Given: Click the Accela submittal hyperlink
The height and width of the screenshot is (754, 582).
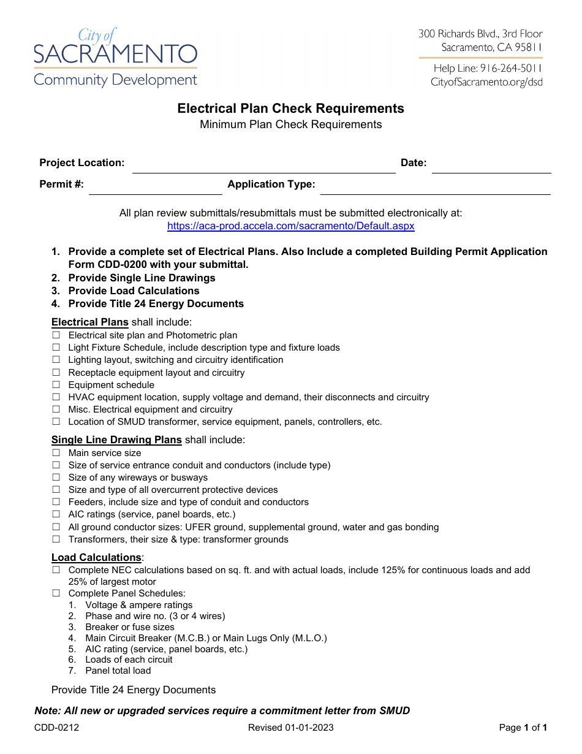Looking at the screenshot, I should pyautogui.click(x=291, y=226).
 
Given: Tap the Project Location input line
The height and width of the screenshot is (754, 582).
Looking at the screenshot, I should pyautogui.click(x=263, y=167).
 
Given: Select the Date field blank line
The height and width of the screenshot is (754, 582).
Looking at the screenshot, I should pyautogui.click(x=491, y=167).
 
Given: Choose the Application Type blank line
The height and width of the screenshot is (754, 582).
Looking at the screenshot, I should pyautogui.click(x=435, y=189).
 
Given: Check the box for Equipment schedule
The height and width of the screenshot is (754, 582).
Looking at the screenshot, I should pyautogui.click(x=56, y=385).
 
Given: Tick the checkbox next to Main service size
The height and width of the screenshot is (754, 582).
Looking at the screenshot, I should pyautogui.click(x=56, y=453).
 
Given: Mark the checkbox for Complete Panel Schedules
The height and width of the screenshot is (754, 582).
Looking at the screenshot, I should pyautogui.click(x=56, y=593).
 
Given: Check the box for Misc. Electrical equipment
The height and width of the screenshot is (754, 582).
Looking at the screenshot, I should pyautogui.click(x=56, y=409).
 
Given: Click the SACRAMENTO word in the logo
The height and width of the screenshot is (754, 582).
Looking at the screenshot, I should pyautogui.click(x=115, y=55).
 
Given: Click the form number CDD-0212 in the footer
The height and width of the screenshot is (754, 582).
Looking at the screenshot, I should pyautogui.click(x=56, y=728).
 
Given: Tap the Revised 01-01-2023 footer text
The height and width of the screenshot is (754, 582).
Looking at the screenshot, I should pyautogui.click(x=291, y=728).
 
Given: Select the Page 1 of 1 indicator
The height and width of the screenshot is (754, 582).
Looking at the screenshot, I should pyautogui.click(x=523, y=728).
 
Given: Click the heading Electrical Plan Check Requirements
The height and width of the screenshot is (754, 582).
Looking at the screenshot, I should pyautogui.click(x=291, y=109).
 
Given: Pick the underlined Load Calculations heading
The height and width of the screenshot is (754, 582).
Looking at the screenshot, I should pyautogui.click(x=96, y=558).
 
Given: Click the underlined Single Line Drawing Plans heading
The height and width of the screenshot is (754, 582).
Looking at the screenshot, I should pyautogui.click(x=116, y=440).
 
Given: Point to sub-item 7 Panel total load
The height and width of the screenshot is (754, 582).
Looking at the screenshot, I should pyautogui.click(x=118, y=671).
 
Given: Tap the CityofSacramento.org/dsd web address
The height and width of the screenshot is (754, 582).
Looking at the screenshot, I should pyautogui.click(x=486, y=82).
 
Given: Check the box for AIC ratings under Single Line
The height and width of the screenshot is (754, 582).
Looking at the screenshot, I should pyautogui.click(x=56, y=514).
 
